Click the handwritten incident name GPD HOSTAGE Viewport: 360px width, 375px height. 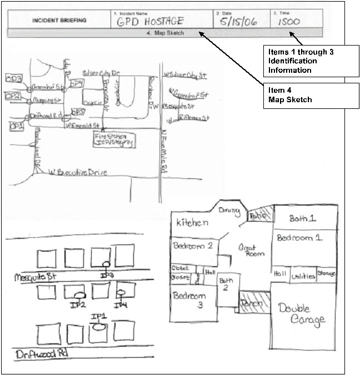tap(149, 22)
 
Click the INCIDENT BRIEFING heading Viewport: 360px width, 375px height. tap(59, 21)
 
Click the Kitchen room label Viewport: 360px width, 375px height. tap(192, 223)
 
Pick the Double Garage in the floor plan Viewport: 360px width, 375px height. tap(303, 314)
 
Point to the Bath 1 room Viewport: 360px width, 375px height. tap(303, 218)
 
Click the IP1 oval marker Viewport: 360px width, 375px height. tap(99, 327)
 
